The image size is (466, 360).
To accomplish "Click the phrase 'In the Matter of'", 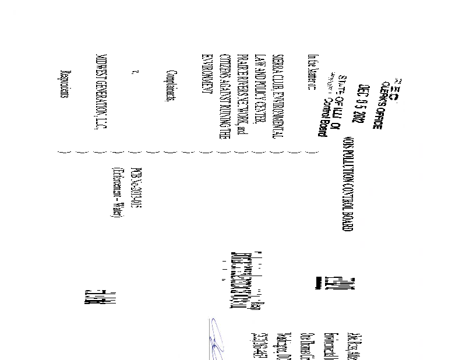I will point(311,73).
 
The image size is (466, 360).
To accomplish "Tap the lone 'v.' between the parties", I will point(135,73).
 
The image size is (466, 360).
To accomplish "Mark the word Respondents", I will point(63,84).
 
